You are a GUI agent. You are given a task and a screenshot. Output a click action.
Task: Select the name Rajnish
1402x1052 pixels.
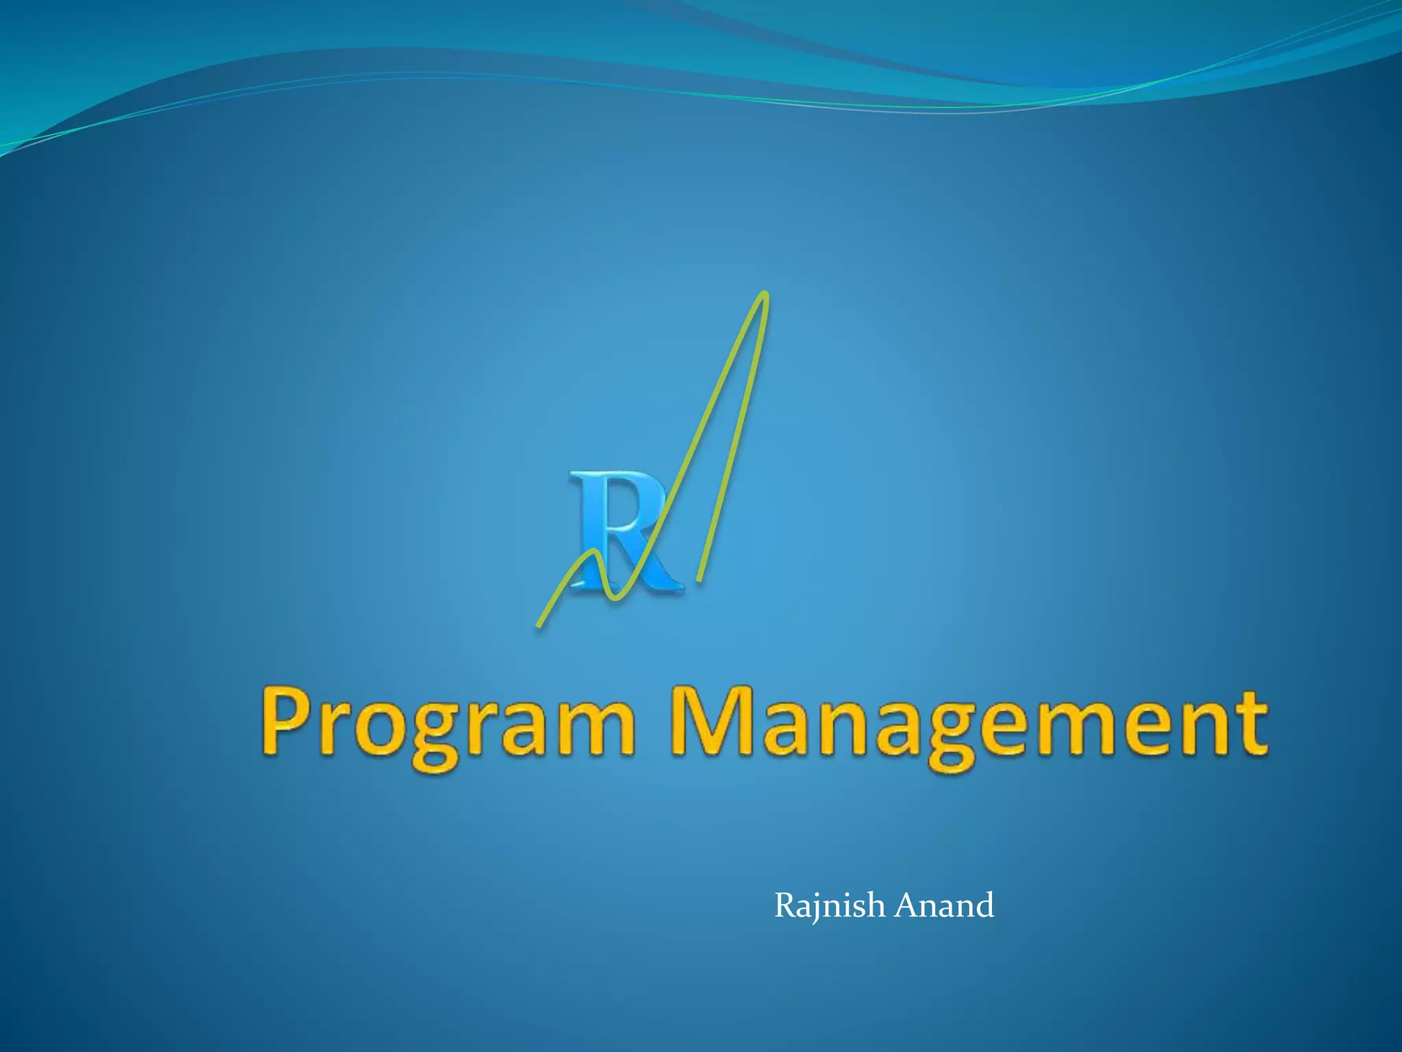pyautogui.click(x=829, y=906)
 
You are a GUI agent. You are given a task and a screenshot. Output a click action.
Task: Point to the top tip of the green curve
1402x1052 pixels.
pyautogui.click(x=765, y=295)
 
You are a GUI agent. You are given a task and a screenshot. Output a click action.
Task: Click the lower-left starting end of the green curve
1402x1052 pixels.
pyautogui.click(x=539, y=624)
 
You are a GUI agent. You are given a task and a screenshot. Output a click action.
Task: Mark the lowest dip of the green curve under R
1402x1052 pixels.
pyautogui.click(x=615, y=598)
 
